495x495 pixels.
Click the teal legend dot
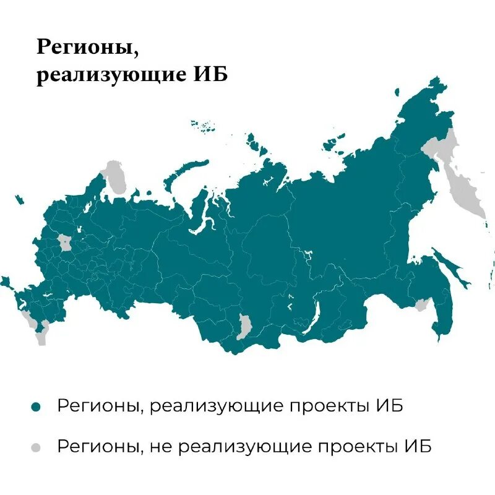(36, 407)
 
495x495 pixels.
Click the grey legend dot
(36, 447)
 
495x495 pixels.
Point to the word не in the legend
(160, 446)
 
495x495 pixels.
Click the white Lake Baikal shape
(311, 318)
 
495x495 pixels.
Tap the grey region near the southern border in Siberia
(245, 325)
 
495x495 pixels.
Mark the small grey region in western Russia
(64, 242)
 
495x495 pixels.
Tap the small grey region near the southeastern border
(423, 304)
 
